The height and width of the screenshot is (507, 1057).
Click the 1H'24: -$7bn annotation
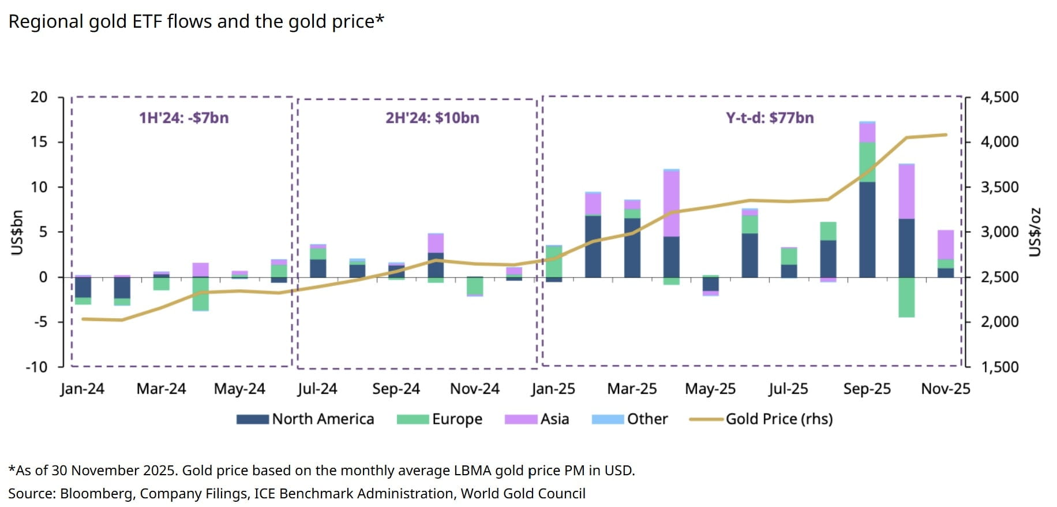point(183,118)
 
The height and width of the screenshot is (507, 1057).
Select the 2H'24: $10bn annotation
point(432,118)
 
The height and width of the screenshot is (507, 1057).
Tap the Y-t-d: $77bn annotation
point(770,118)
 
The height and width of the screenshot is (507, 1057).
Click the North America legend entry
point(305,419)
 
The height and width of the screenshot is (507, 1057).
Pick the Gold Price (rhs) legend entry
point(762,419)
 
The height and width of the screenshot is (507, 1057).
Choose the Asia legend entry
point(537,419)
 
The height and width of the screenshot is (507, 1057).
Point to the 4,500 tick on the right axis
point(1000,97)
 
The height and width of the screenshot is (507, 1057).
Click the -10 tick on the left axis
point(36,367)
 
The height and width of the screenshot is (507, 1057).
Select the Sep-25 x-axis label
point(867,389)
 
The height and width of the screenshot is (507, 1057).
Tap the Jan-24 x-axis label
point(83,389)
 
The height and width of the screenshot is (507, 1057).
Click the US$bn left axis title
point(17,232)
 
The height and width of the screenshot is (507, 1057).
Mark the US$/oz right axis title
point(1036,232)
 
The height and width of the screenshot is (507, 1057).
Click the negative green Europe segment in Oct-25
point(906,297)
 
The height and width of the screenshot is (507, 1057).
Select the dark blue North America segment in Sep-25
point(867,230)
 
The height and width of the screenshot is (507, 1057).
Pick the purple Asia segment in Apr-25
point(671,203)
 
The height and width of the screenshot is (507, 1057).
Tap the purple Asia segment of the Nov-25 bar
point(946,245)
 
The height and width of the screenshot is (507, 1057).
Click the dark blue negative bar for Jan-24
point(83,287)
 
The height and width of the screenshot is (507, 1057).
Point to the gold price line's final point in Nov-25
point(946,135)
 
